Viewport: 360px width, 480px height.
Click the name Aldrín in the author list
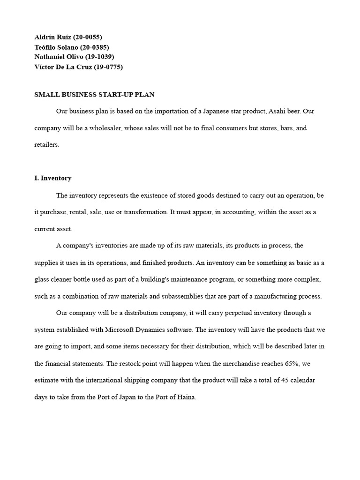point(45,37)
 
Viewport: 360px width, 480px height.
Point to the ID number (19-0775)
point(108,67)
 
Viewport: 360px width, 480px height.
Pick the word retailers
point(47,145)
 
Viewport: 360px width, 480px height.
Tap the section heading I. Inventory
point(53,179)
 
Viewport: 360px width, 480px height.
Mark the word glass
point(42,279)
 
